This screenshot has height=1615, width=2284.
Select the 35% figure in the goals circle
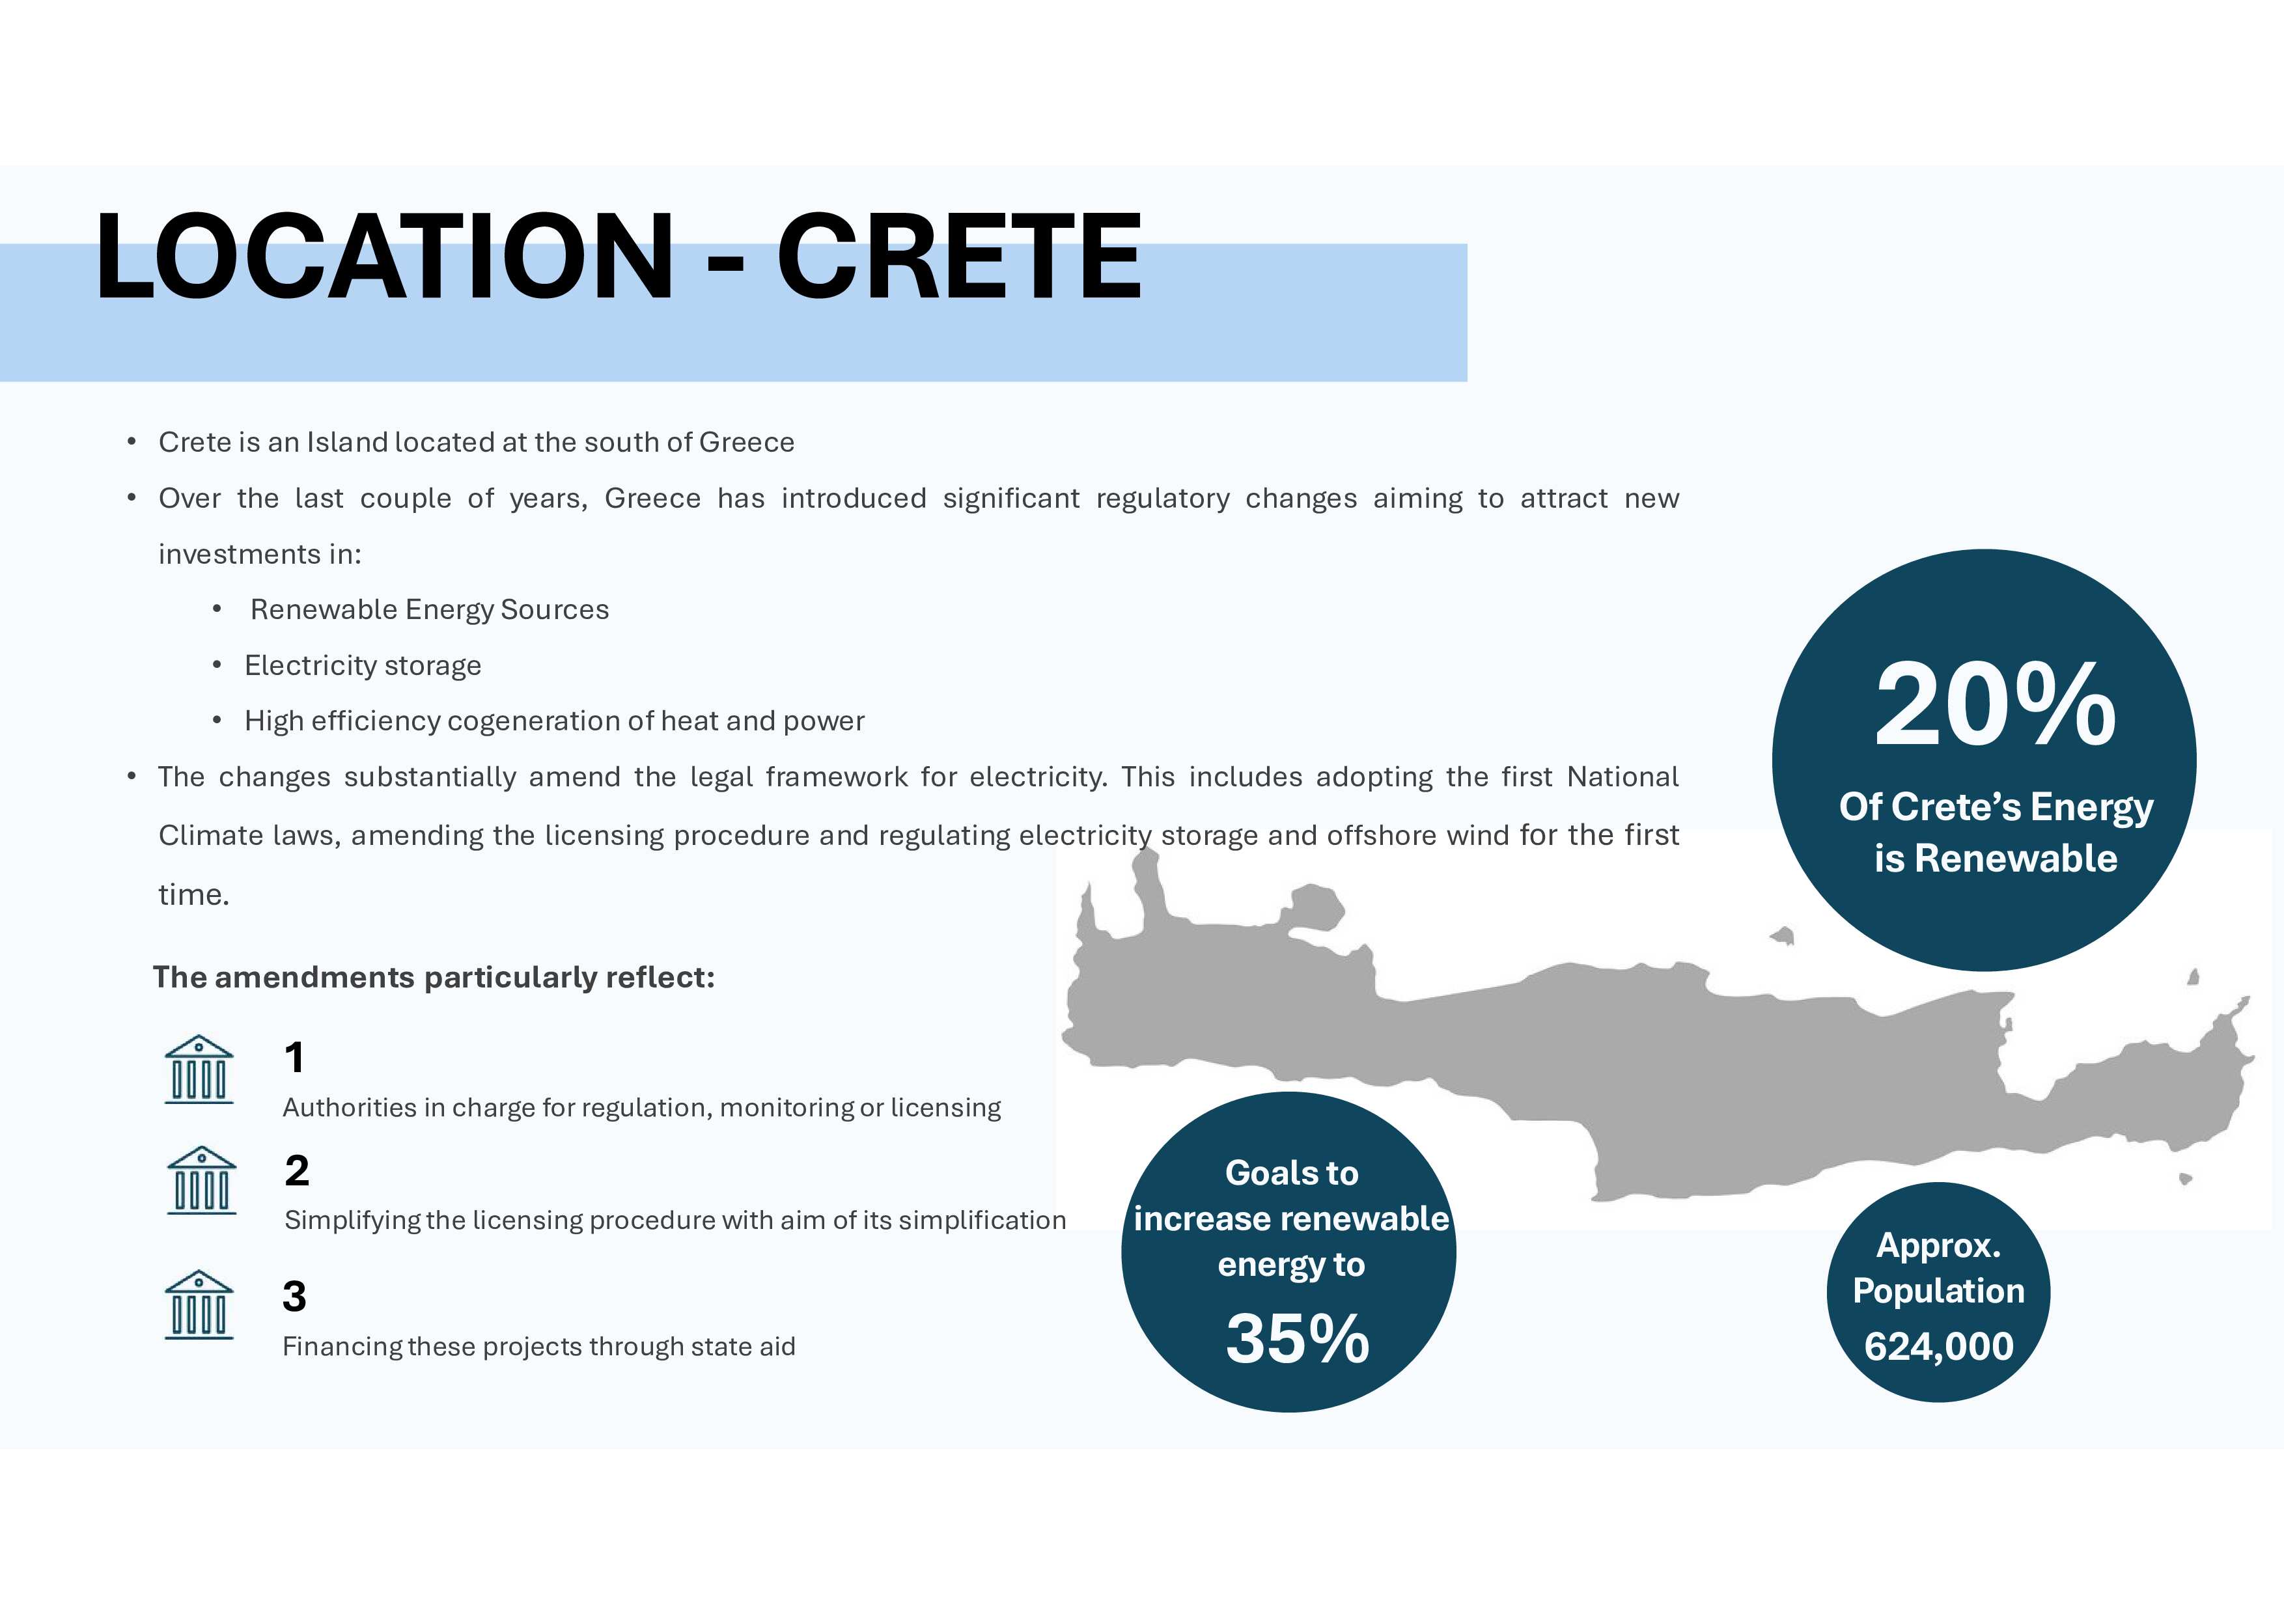pos(1297,1338)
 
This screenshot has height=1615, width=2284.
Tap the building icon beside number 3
pos(199,1304)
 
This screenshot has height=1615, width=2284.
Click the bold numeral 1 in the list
pos(294,1057)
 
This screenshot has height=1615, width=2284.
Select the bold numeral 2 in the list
pos(296,1170)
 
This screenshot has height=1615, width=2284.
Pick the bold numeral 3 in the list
pos(294,1296)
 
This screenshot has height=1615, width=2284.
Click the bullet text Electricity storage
pos(363,665)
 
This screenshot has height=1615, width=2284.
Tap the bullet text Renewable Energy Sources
pos(430,609)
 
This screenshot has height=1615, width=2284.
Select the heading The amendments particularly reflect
pos(434,978)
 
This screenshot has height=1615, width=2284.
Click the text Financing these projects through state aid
pos(539,1347)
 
